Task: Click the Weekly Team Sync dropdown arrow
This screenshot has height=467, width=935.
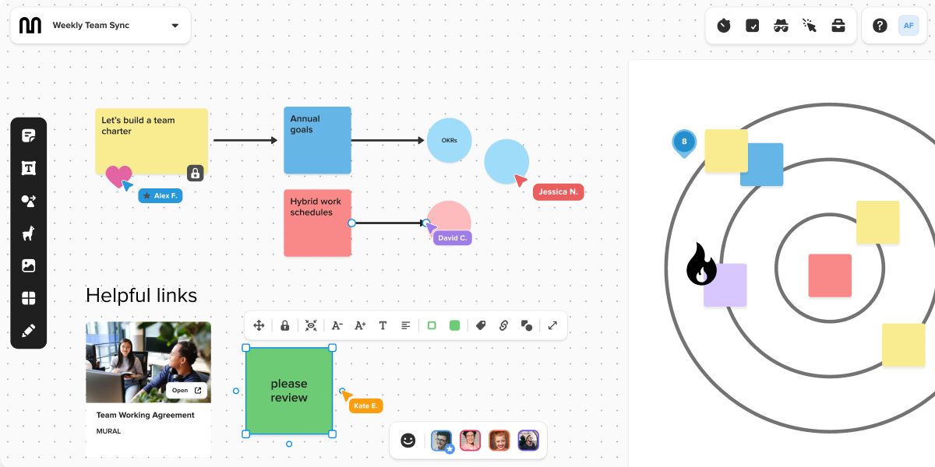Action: coord(175,26)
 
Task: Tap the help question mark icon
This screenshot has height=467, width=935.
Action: coord(880,26)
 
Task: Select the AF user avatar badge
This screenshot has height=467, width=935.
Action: coord(909,26)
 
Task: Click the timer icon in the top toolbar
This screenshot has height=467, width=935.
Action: coord(724,26)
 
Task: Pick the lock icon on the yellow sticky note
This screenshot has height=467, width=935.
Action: coord(196,173)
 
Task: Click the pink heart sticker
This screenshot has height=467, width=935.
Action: coord(118,176)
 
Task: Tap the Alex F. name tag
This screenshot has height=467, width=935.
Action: coord(161,196)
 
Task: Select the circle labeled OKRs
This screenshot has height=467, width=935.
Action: coord(450,141)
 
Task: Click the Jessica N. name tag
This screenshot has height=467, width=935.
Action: coord(558,191)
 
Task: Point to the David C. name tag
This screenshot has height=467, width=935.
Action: coord(452,237)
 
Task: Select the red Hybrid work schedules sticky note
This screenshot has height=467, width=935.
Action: coord(317,223)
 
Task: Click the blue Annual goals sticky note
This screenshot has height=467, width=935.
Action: coord(317,140)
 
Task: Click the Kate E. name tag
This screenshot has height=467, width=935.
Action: coord(365,406)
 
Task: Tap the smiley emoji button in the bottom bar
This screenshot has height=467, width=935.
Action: coord(408,441)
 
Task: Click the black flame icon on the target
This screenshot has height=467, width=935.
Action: coord(700,265)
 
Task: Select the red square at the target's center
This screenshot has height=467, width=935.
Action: coord(830,276)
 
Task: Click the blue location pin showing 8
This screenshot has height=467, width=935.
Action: coord(684,142)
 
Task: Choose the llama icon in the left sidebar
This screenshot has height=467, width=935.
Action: coord(29,233)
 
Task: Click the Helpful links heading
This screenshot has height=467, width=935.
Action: coord(141,296)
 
